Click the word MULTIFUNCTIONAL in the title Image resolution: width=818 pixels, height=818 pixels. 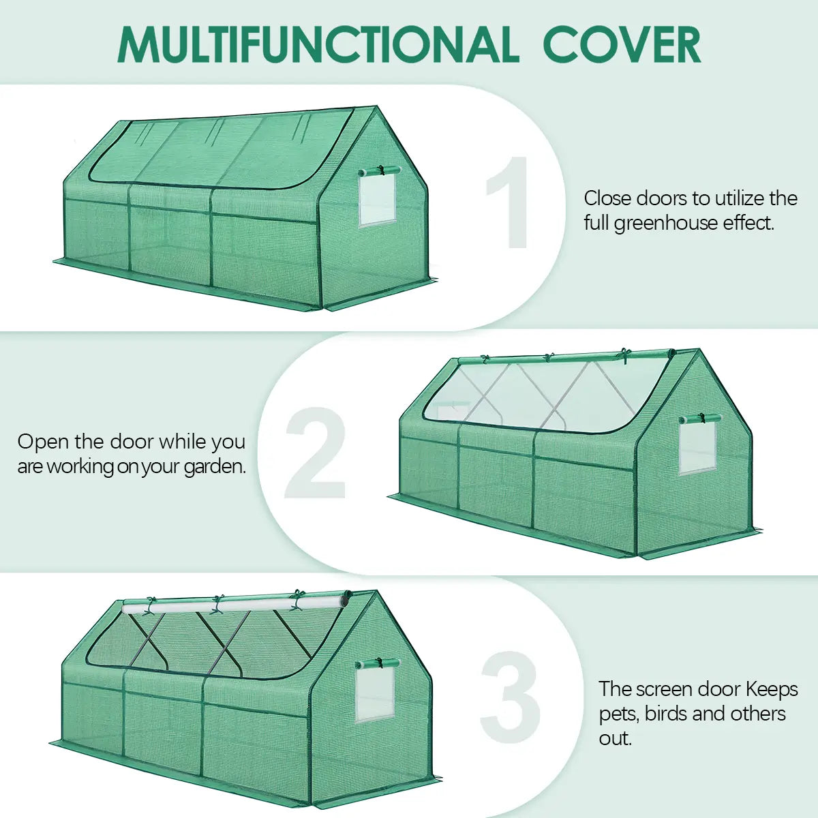(x=318, y=45)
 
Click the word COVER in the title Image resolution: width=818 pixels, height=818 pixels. (x=621, y=45)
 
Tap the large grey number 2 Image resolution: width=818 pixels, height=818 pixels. (x=315, y=454)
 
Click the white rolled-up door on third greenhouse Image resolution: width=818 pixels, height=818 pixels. (x=235, y=604)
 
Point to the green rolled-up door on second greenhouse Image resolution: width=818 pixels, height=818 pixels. (x=566, y=357)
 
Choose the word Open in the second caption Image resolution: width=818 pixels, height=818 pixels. (x=42, y=442)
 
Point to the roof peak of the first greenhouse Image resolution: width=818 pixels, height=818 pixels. (x=374, y=109)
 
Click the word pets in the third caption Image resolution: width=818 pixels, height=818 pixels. (x=618, y=714)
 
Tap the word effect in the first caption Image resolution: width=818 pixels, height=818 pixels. (x=748, y=224)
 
